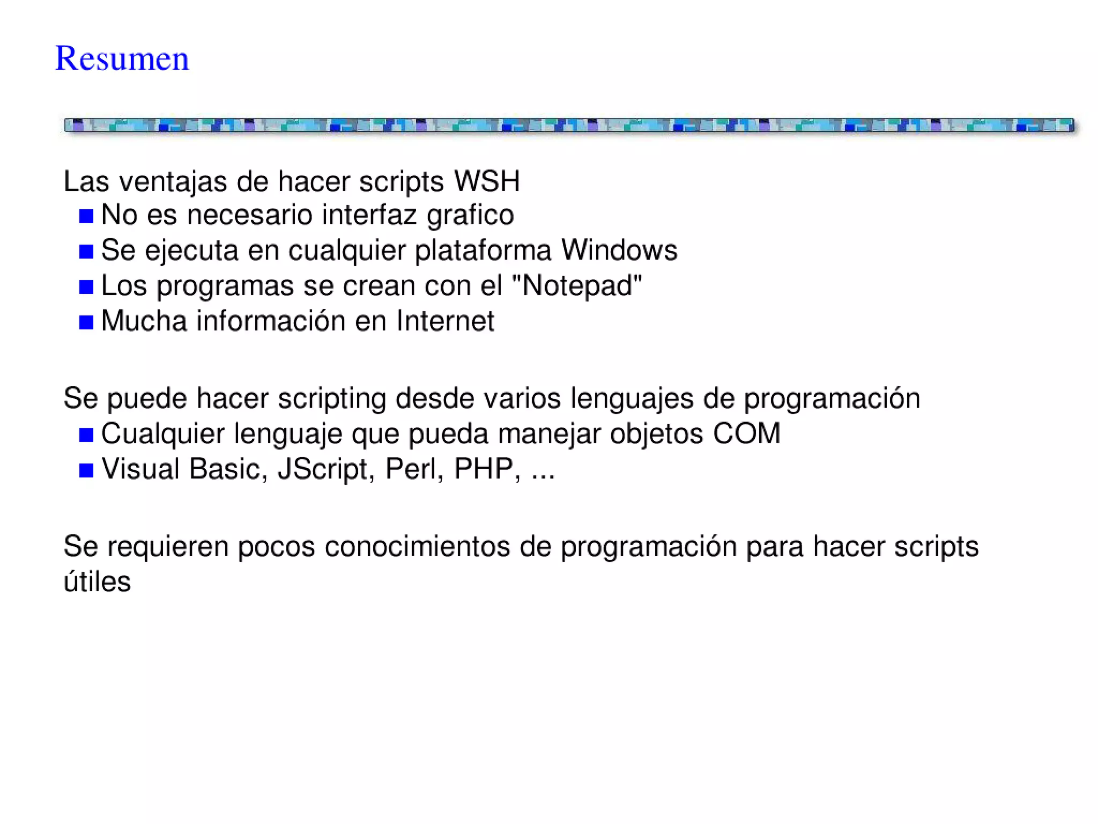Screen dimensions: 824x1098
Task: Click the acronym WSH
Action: tap(487, 181)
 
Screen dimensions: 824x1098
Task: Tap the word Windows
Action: tap(619, 250)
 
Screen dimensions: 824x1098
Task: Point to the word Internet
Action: tap(445, 321)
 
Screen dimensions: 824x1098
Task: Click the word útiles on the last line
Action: tap(97, 582)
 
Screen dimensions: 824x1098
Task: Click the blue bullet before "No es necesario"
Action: tap(86, 216)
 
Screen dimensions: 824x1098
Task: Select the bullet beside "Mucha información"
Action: tap(86, 322)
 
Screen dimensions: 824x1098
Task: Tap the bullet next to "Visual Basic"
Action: tap(86, 470)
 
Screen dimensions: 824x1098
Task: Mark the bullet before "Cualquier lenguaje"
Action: tap(86, 435)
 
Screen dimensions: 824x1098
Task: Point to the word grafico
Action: tap(470, 215)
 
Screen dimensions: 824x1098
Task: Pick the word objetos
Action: tap(656, 433)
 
